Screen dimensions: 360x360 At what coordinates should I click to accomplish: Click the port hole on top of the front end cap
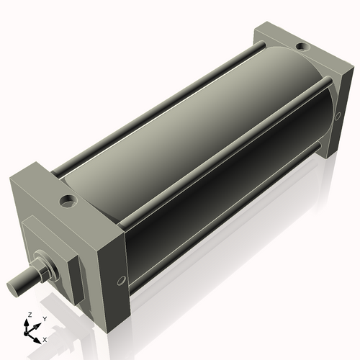(x=68, y=199)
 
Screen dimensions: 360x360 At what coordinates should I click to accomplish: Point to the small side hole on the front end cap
(x=120, y=280)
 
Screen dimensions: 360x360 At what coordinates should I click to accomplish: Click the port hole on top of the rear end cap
(x=303, y=47)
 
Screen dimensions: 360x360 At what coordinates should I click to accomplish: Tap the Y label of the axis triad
(x=44, y=318)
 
